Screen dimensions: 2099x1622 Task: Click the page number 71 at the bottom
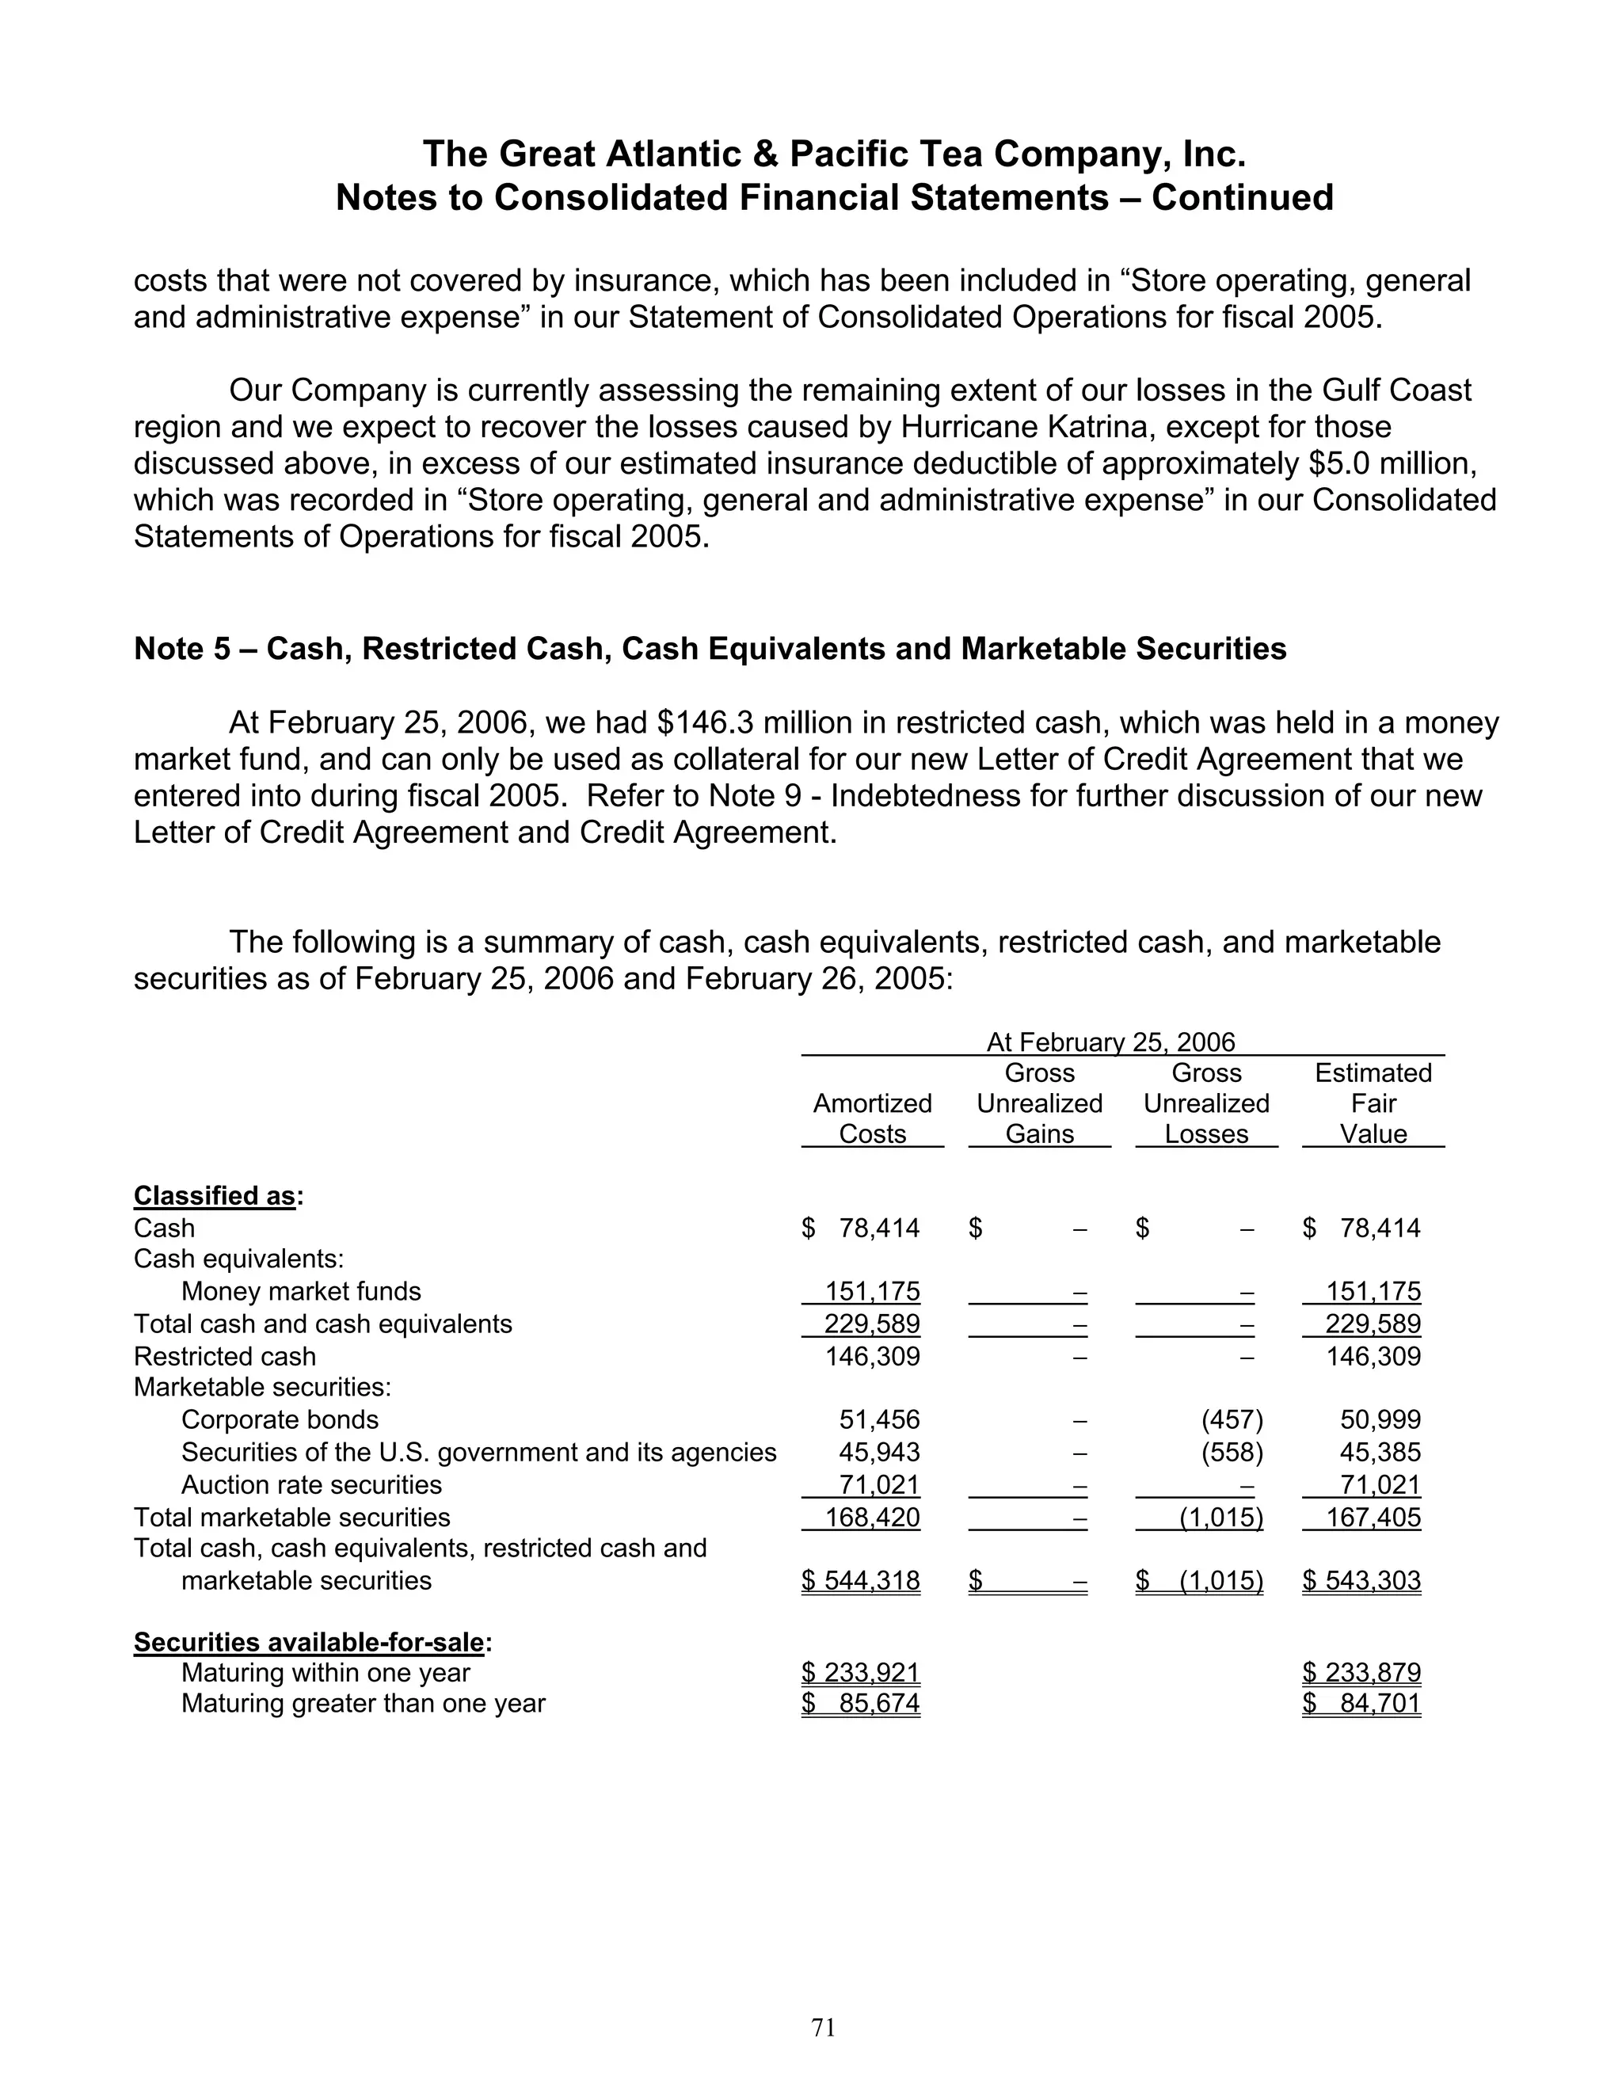tap(824, 2027)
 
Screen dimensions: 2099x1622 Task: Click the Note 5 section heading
tap(709, 649)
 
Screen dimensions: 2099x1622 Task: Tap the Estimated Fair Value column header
tap(1373, 1103)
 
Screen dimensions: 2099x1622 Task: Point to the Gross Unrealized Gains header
tap(1040, 1103)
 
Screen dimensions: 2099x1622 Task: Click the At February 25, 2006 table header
tap(1111, 1042)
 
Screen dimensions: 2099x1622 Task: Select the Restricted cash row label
tap(225, 1356)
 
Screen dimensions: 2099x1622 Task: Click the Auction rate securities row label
tap(311, 1485)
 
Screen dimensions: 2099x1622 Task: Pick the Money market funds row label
tap(301, 1291)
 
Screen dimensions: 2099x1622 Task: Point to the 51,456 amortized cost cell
tap(879, 1419)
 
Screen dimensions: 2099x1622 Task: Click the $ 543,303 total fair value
tap(1361, 1581)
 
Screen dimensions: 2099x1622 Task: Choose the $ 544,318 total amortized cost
tap(861, 1581)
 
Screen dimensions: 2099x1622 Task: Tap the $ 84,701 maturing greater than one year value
tap(1361, 1704)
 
